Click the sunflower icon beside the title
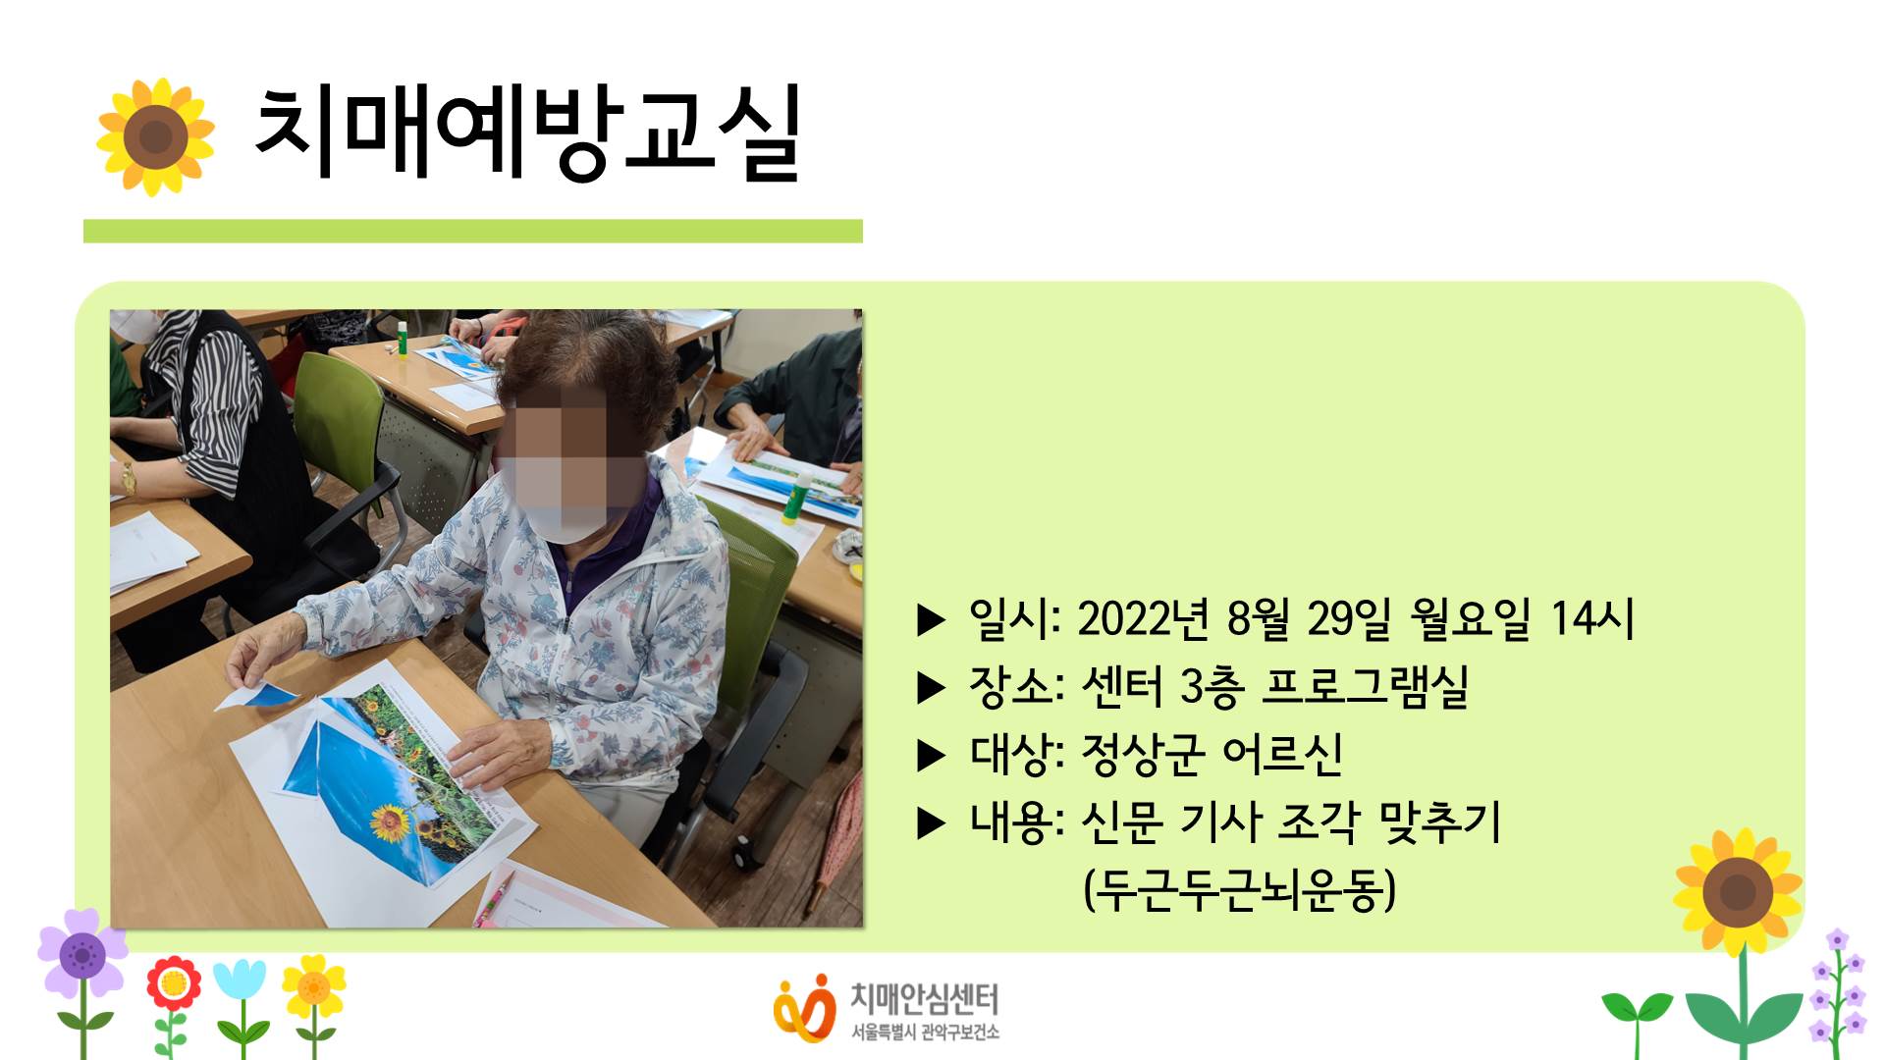pyautogui.click(x=155, y=136)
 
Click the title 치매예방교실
pyautogui.click(x=528, y=133)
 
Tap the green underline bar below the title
pyautogui.click(x=472, y=231)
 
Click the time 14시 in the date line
pyautogui.click(x=1591, y=619)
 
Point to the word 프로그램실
pyautogui.click(x=1365, y=687)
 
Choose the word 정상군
pyautogui.click(x=1143, y=755)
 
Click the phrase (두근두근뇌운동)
pyautogui.click(x=1239, y=890)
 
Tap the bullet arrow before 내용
pyautogui.click(x=930, y=823)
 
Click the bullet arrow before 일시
pyautogui.click(x=930, y=620)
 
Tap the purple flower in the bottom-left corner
pyautogui.click(x=82, y=953)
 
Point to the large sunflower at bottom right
pyautogui.click(x=1738, y=891)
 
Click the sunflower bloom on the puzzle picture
pyautogui.click(x=389, y=820)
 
